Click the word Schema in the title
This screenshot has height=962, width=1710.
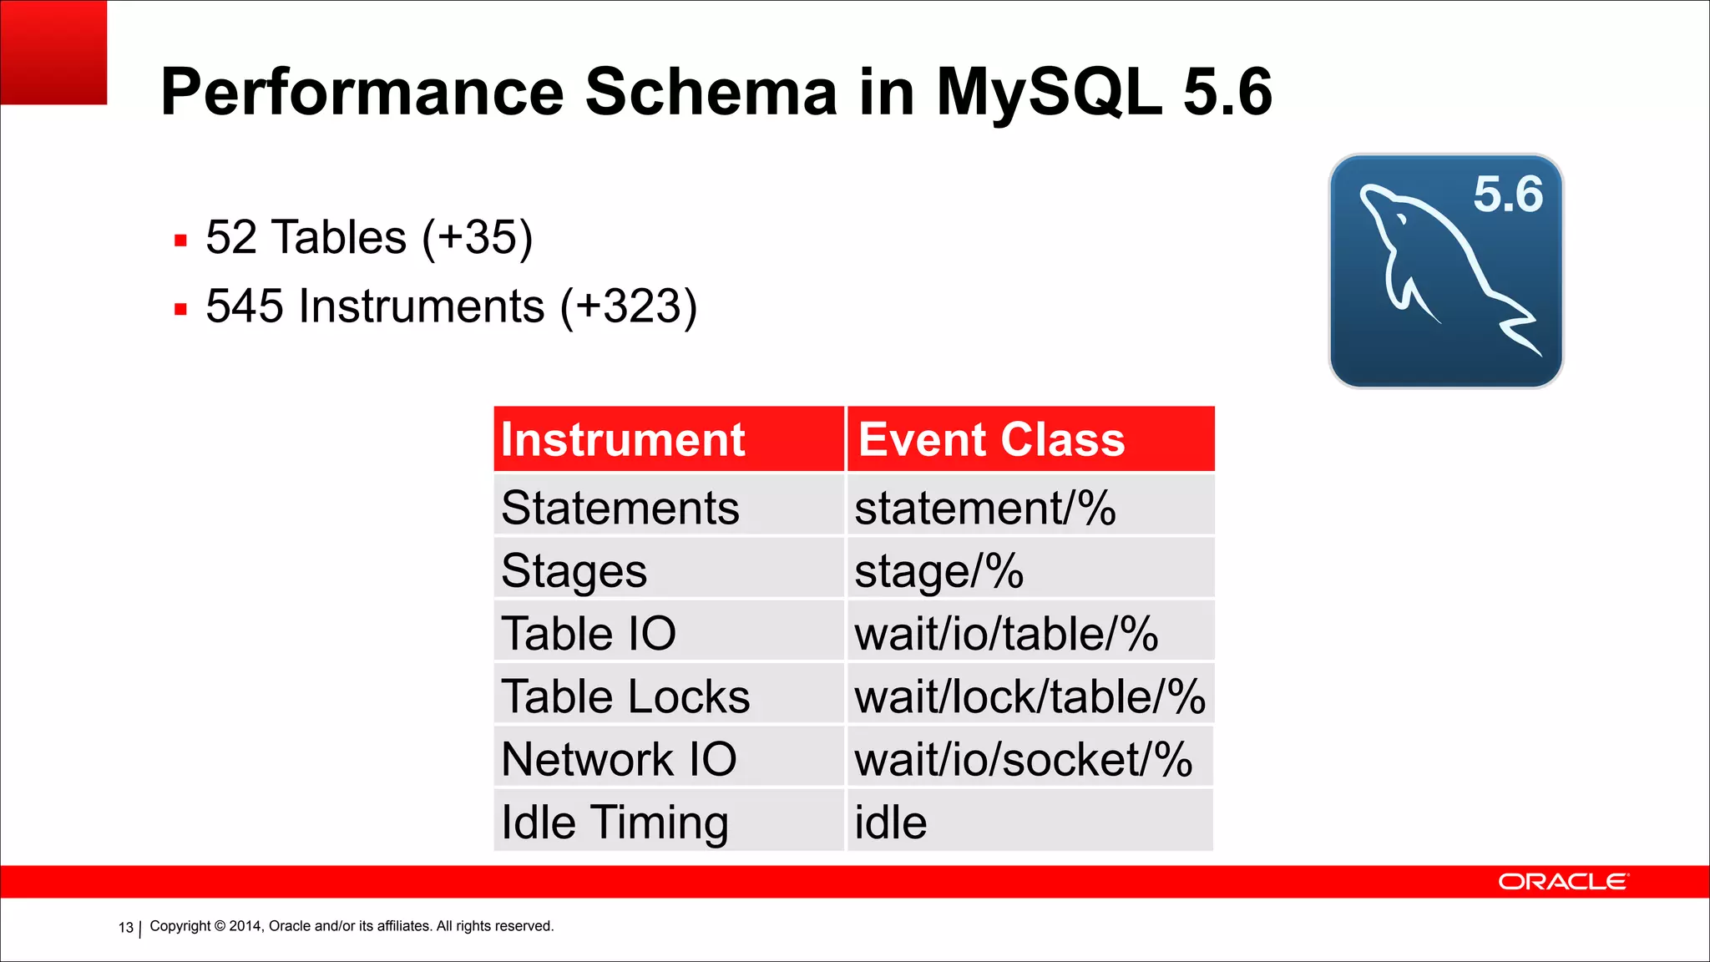pyautogui.click(x=711, y=92)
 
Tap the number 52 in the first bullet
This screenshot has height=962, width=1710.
pyautogui.click(x=231, y=237)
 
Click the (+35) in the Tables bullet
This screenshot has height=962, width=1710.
pyautogui.click(x=477, y=238)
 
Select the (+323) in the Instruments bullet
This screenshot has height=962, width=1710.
pyautogui.click(x=628, y=306)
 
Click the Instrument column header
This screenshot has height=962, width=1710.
pyautogui.click(x=623, y=440)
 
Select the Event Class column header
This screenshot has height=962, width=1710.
pyautogui.click(x=991, y=440)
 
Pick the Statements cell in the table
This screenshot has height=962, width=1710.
pyautogui.click(x=620, y=508)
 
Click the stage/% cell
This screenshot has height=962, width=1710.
pyautogui.click(x=938, y=571)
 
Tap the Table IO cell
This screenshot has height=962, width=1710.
pyautogui.click(x=589, y=633)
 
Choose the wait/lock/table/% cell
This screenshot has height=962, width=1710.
pyautogui.click(x=1030, y=696)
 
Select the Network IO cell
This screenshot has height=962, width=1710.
pyautogui.click(x=619, y=759)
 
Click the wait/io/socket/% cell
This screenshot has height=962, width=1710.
pyautogui.click(x=1023, y=759)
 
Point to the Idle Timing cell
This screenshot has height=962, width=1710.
pyautogui.click(x=615, y=822)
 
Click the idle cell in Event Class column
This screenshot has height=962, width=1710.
pyautogui.click(x=890, y=822)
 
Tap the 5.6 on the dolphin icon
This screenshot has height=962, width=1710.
pyautogui.click(x=1507, y=195)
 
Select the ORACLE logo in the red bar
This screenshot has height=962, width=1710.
pyautogui.click(x=1562, y=882)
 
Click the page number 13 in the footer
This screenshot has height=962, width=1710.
pyautogui.click(x=126, y=928)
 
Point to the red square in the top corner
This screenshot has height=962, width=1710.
pyautogui.click(x=53, y=52)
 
